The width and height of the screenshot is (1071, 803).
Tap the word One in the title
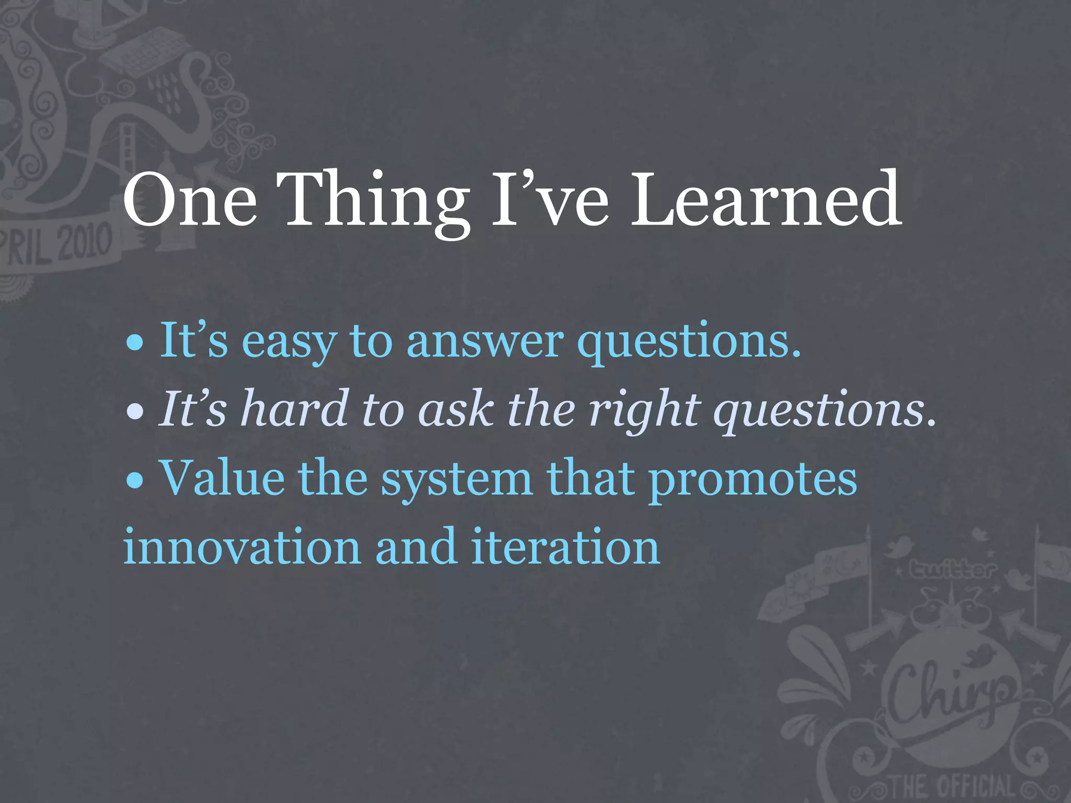click(x=190, y=200)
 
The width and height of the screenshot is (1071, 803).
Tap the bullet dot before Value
click(x=135, y=480)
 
